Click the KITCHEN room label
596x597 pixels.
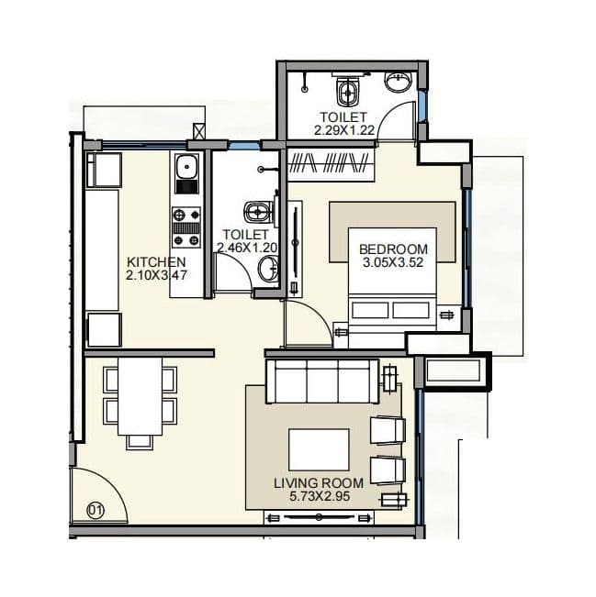coord(150,261)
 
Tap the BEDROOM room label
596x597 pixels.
coord(393,249)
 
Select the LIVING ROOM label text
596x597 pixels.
coord(318,482)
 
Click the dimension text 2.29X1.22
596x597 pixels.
coord(343,130)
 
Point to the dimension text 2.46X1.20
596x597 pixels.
coord(245,247)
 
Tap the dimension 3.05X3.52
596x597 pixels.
coord(393,262)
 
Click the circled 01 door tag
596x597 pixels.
coord(95,508)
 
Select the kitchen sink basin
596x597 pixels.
coord(186,168)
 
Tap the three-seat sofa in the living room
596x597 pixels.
coord(320,380)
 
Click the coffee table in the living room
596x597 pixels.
coord(319,449)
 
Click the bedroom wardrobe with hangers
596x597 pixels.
coord(332,164)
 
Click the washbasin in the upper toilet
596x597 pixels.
coord(399,83)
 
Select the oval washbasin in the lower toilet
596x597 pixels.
coord(267,271)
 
